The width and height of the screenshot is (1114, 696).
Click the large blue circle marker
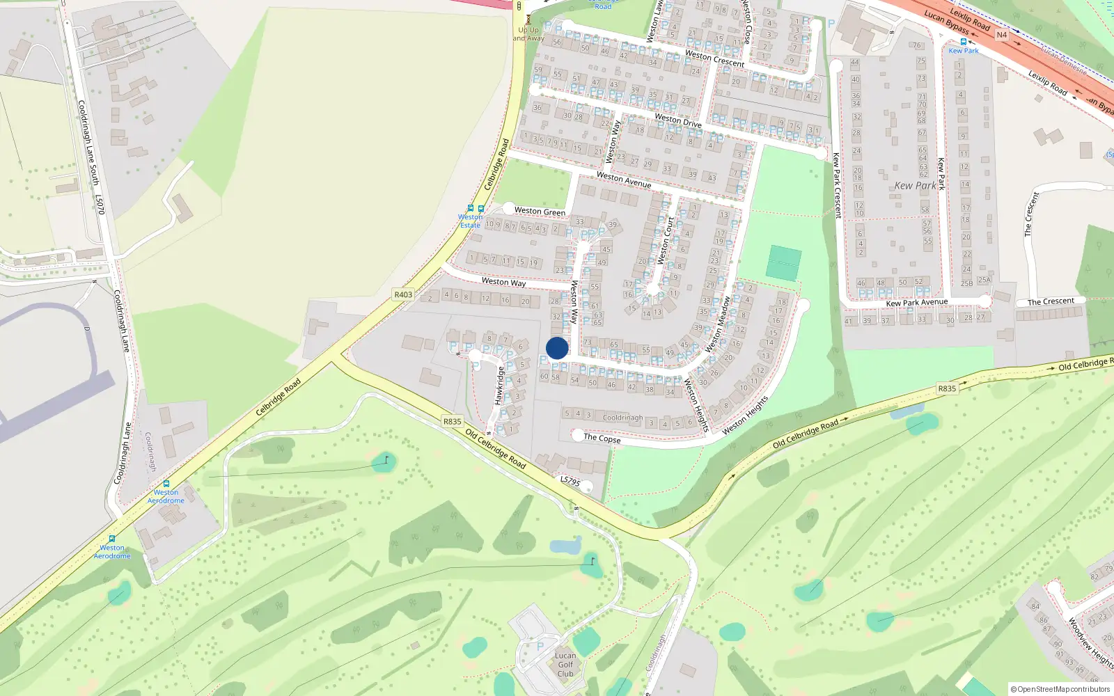coord(557,348)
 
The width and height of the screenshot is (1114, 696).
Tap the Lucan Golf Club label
coord(565,665)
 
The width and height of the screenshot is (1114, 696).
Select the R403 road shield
coord(403,294)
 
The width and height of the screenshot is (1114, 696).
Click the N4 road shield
coord(1002,35)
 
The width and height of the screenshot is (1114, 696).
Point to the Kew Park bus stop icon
coord(963,42)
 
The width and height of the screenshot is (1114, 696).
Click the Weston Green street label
coord(540,211)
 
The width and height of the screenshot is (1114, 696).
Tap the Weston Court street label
coord(666,241)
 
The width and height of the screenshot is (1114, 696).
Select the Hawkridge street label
coord(499,386)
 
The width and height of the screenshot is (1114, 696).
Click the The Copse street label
coord(602,438)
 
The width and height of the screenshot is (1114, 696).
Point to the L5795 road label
coord(570,481)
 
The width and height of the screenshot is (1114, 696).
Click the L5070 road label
coord(100,205)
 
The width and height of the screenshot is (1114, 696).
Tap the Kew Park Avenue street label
coord(916,303)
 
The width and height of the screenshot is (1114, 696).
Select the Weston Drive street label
coord(678,120)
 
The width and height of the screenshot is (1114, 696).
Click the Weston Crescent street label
coord(714,58)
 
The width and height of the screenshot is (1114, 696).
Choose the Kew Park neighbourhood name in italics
coord(915,186)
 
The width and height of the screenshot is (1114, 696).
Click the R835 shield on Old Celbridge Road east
coord(947,388)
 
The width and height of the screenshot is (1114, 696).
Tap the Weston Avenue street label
coord(624,180)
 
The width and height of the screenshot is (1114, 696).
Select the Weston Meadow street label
coord(718,324)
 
